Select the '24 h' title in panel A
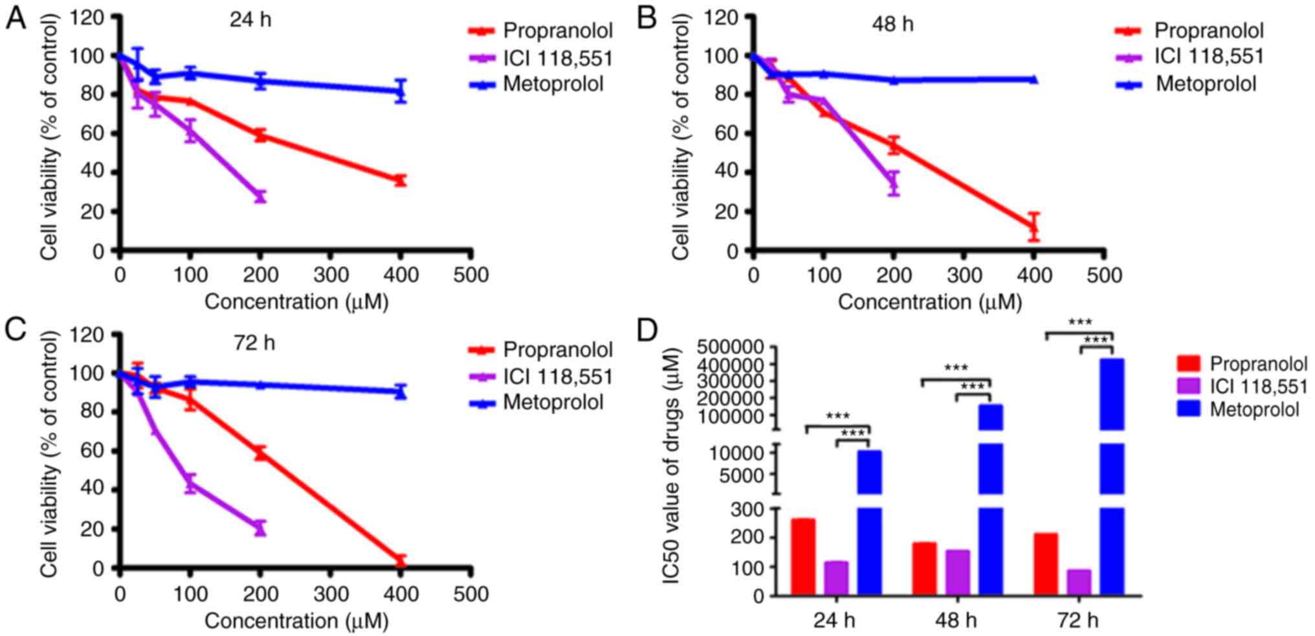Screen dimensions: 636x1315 pos(250,20)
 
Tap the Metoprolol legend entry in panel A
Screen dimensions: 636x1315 pos(553,84)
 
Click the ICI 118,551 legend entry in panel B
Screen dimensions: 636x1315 pos(1208,57)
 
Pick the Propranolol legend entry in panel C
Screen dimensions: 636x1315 pos(557,350)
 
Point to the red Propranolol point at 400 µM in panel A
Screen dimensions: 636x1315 pos(401,180)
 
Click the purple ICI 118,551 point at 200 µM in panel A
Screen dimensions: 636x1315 pos(260,196)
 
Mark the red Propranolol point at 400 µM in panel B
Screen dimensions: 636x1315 pos(1033,227)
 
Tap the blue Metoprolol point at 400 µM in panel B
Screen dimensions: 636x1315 pos(1033,80)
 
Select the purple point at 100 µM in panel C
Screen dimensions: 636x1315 pos(190,483)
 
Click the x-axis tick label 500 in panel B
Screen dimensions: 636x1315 pos(1104,275)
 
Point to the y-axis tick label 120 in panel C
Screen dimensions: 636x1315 pos(87,335)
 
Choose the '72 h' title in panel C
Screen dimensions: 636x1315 pos(254,343)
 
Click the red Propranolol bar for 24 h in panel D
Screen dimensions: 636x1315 pos(803,556)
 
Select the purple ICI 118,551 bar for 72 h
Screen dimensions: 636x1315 pos(1079,582)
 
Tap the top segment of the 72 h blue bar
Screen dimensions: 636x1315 pos(1112,394)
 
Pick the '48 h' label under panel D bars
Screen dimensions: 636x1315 pos(956,620)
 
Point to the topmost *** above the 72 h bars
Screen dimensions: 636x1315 pos(1079,323)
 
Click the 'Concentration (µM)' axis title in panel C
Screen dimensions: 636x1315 pos(296,621)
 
